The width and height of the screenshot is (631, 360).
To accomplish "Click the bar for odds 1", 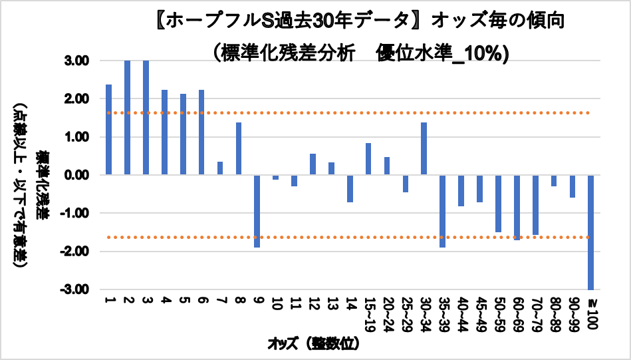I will [108, 130].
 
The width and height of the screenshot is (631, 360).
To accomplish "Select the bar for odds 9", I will [257, 211].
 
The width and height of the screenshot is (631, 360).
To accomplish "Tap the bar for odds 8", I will [238, 148].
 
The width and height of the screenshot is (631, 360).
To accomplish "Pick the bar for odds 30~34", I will [424, 148].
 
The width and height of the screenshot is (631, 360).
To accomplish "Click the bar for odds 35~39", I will [442, 211].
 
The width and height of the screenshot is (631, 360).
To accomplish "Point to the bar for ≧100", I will [590, 232].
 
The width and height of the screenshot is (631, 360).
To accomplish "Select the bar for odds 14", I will [350, 188].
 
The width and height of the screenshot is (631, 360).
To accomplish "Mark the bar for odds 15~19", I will [368, 159].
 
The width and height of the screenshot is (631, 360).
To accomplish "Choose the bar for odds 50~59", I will [498, 203].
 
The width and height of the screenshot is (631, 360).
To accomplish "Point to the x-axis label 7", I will [220, 302].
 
